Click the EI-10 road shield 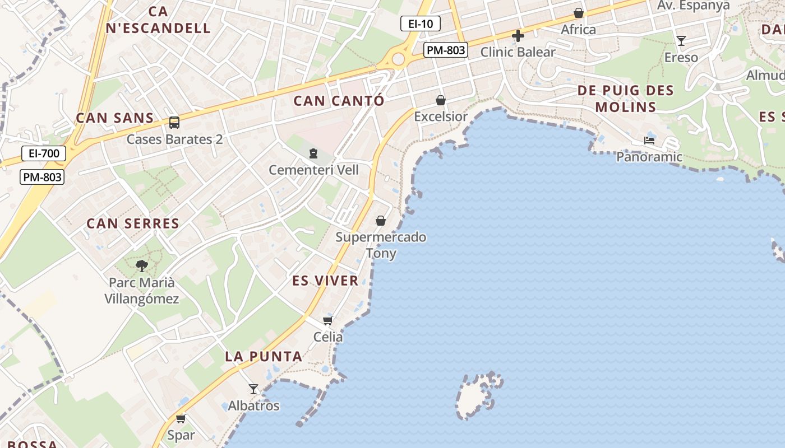[420, 24]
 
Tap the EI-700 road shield [44, 153]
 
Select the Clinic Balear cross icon [518, 36]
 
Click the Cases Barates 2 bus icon [174, 122]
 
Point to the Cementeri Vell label [313, 170]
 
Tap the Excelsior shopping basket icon [441, 100]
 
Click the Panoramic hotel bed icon [649, 141]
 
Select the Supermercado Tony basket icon [381, 221]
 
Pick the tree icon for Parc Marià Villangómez [142, 265]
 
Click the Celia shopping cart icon [327, 320]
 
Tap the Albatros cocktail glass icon [253, 389]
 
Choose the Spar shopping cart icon [181, 418]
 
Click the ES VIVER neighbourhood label [325, 281]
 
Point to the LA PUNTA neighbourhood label [264, 356]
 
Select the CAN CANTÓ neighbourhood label [339, 101]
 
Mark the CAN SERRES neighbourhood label [133, 223]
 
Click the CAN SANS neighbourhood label [114, 118]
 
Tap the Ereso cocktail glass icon [681, 40]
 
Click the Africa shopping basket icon [578, 13]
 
